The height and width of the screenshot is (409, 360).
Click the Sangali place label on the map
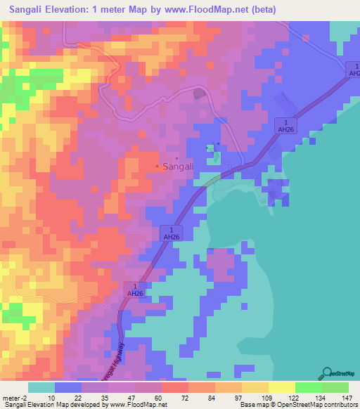[178, 167]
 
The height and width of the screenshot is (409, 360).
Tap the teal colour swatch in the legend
[41, 387]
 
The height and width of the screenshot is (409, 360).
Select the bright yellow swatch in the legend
[281, 387]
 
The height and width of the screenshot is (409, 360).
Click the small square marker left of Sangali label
[157, 167]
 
